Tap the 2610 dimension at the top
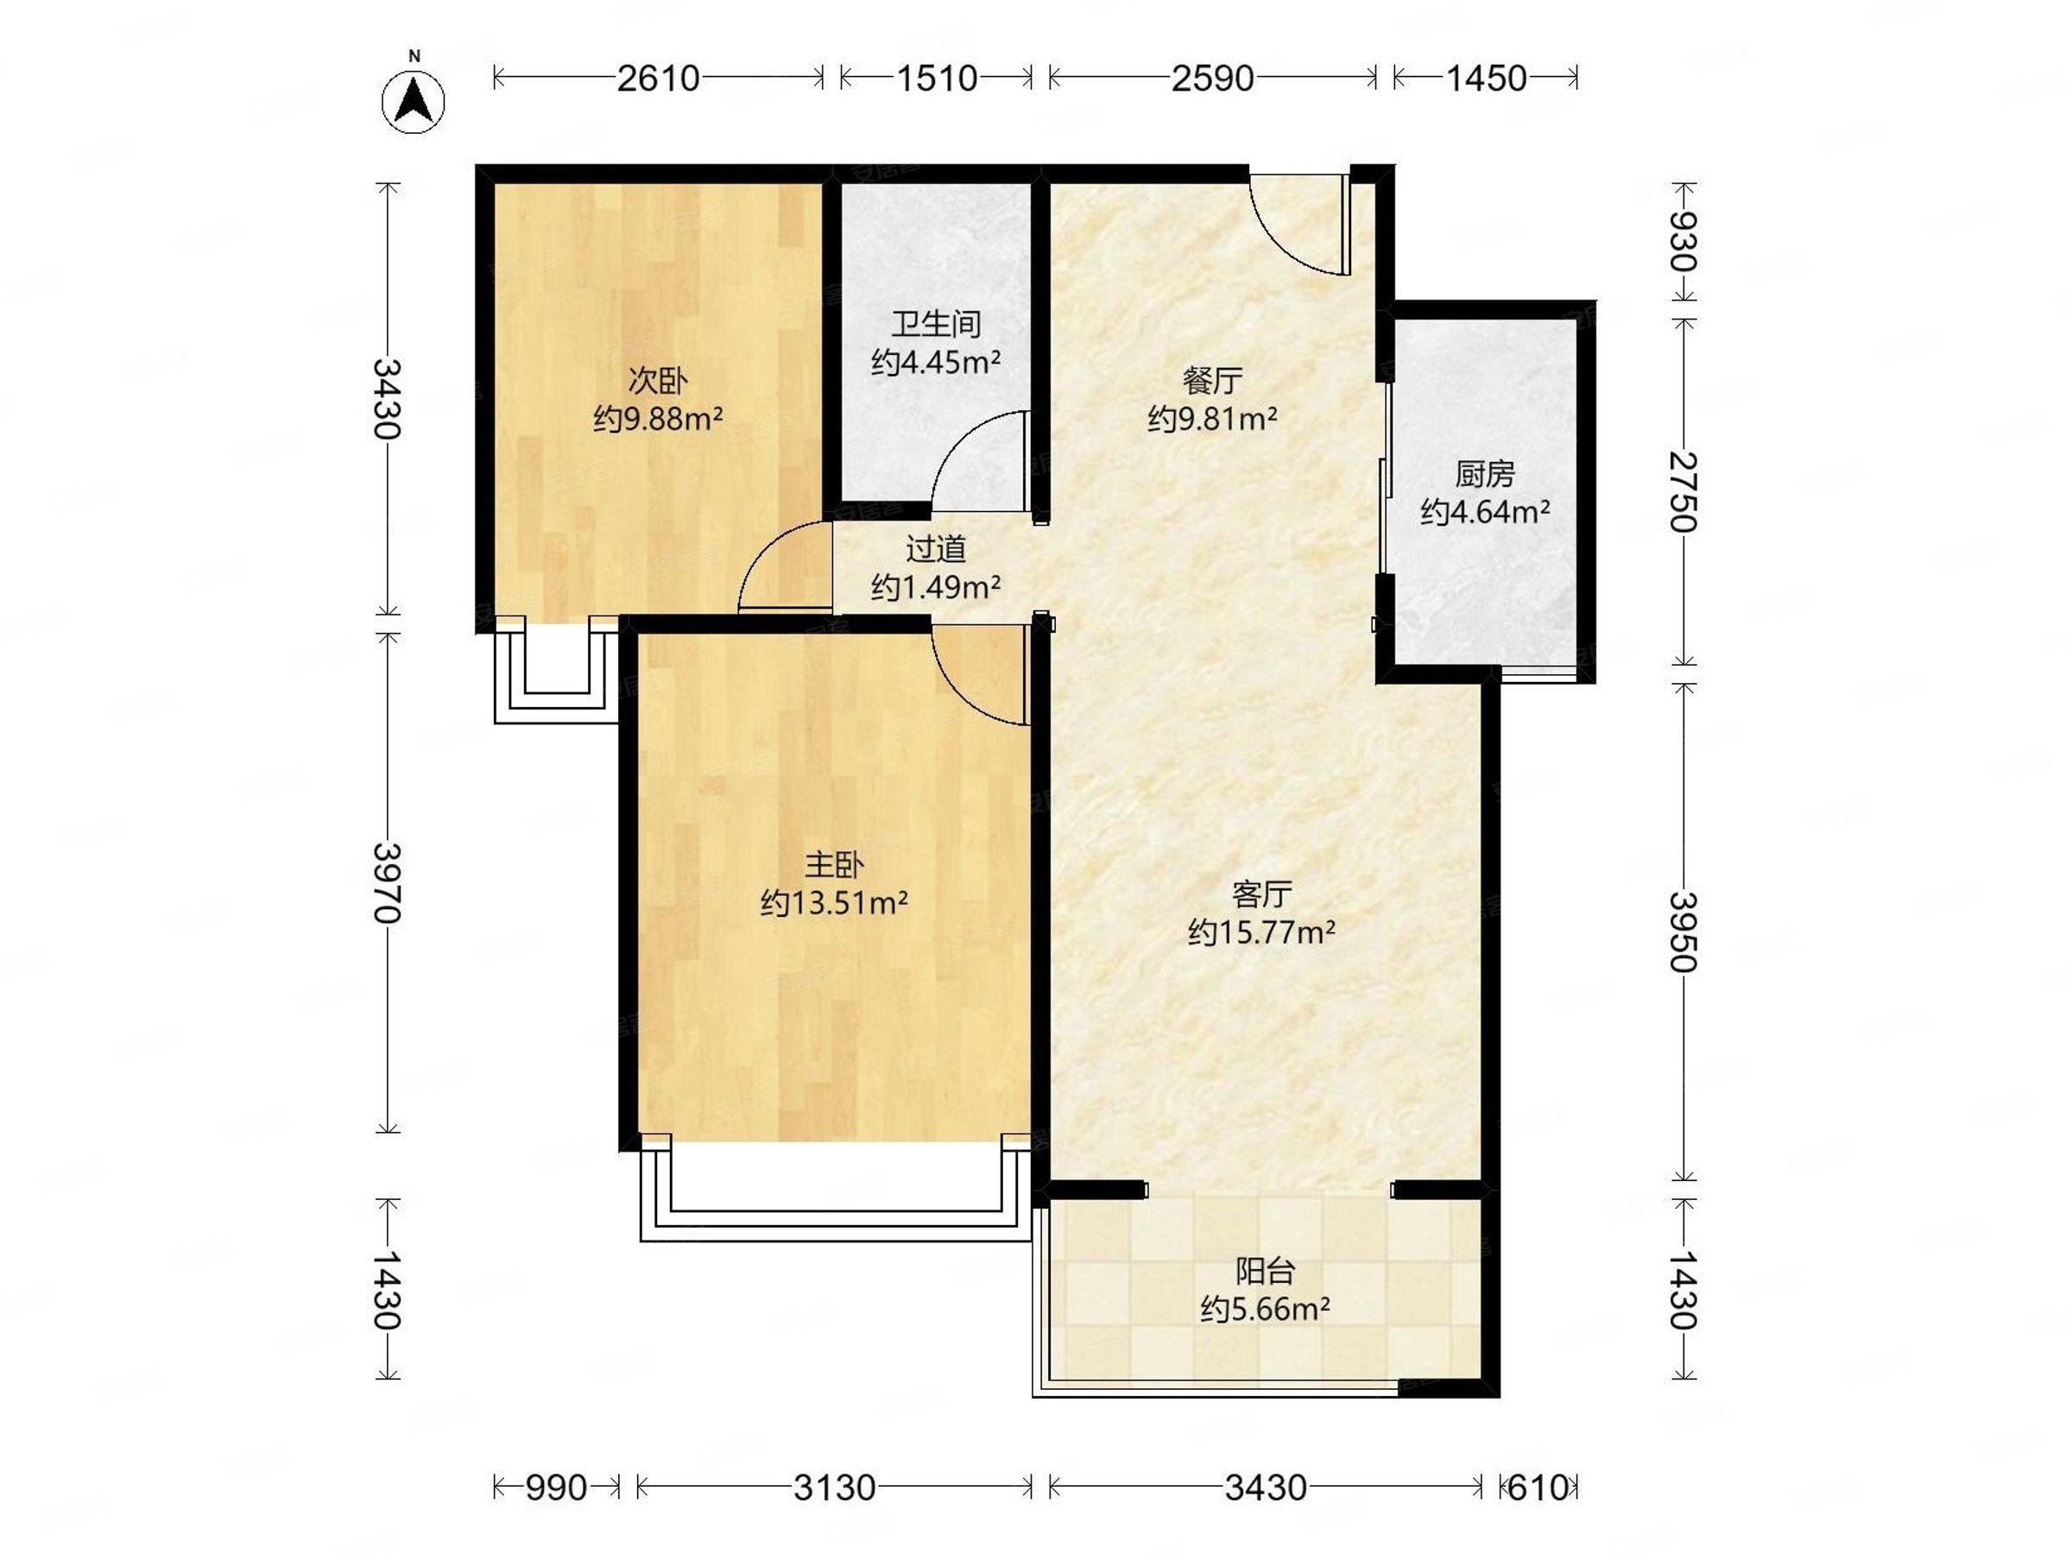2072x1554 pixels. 658,78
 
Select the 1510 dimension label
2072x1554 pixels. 937,78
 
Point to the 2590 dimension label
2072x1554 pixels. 1212,78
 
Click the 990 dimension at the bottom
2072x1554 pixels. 556,1488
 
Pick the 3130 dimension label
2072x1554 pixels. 834,1488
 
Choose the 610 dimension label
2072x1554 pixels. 1537,1488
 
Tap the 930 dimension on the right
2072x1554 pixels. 1683,241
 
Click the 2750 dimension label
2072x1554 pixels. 1683,491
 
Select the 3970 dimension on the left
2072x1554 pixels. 387,882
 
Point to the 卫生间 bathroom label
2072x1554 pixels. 936,324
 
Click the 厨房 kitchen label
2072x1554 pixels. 1485,475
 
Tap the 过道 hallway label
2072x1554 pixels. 936,549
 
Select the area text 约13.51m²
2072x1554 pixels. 834,903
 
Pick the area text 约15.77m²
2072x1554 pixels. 1261,932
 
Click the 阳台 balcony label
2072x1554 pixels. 1266,1271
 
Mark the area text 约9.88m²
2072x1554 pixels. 658,419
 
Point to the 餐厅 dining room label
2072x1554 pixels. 1212,381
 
